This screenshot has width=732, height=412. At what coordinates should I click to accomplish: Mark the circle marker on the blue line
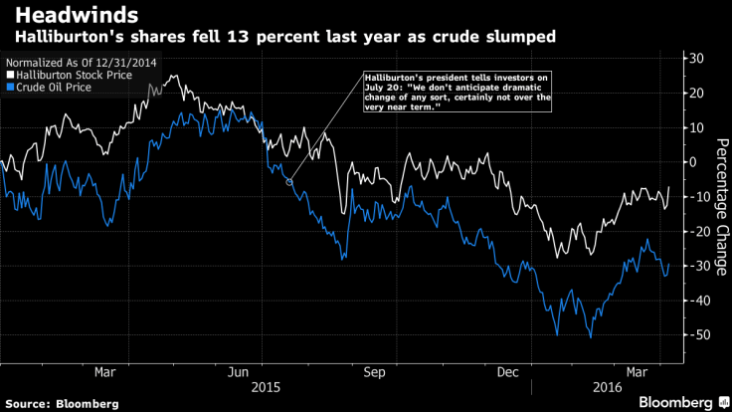(x=289, y=181)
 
